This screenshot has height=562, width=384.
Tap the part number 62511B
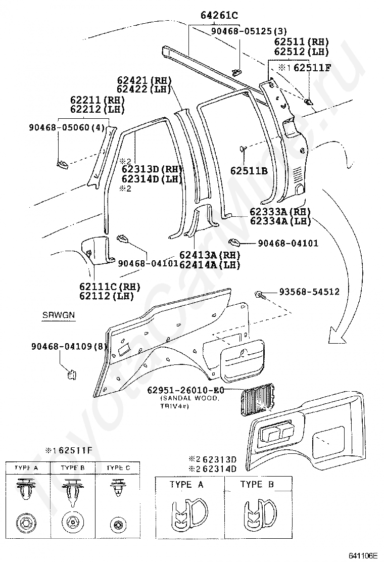[250, 171]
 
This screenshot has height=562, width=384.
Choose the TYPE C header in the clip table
[118, 468]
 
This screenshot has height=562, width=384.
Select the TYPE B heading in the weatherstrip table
[257, 485]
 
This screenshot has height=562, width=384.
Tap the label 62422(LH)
[144, 89]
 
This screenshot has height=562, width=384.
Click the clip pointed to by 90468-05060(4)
[62, 163]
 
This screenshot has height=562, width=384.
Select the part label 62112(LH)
[104, 296]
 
